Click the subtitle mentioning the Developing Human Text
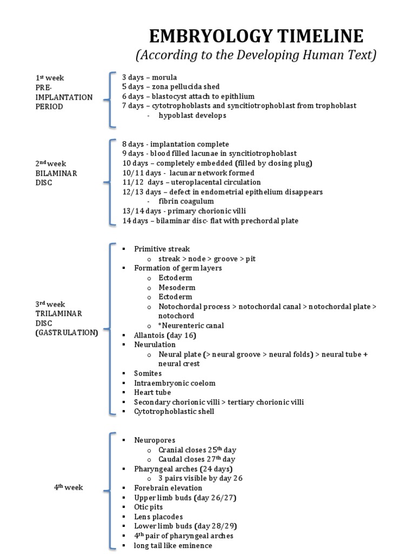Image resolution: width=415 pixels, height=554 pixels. pyautogui.click(x=256, y=55)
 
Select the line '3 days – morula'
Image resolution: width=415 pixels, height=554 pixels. pyautogui.click(x=150, y=77)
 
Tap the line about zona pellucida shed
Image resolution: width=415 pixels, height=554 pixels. pyautogui.click(x=171, y=87)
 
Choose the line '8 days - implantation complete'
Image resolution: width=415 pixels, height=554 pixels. pyautogui.click(x=176, y=144)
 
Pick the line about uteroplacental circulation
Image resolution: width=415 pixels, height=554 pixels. pyautogui.click(x=191, y=182)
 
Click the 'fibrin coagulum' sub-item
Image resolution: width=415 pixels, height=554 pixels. pyautogui.click(x=186, y=201)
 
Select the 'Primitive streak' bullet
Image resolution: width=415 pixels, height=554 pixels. pyautogui.click(x=162, y=249)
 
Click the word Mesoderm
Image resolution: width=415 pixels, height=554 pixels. pyautogui.click(x=177, y=287)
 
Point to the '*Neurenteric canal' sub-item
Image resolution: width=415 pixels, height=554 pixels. pyautogui.click(x=191, y=326)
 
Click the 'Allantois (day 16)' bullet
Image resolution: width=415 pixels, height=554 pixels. pyautogui.click(x=162, y=335)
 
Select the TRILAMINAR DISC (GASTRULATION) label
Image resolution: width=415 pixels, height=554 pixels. pyautogui.click(x=66, y=319)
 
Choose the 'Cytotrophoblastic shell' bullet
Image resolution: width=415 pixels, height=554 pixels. pyautogui.click(x=174, y=411)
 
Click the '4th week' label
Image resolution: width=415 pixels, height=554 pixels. pyautogui.click(x=68, y=487)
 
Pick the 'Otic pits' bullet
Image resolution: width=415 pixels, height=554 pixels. pyautogui.click(x=149, y=507)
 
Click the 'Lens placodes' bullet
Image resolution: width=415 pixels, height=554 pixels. pyautogui.click(x=158, y=517)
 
